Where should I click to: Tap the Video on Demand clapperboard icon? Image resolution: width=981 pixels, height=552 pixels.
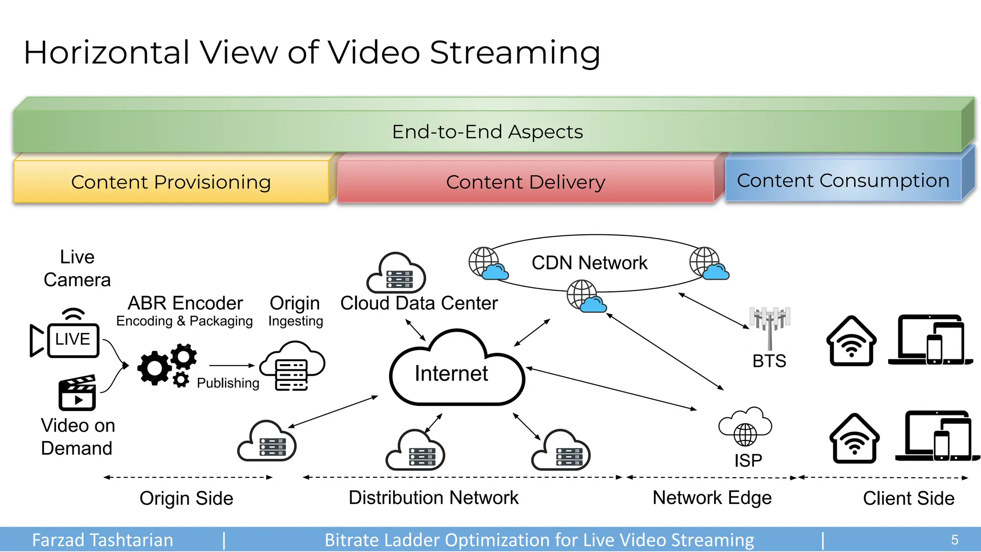(x=77, y=393)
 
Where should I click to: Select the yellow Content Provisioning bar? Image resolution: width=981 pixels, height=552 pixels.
(x=171, y=182)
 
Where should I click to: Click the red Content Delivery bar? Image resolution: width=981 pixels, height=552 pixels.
(x=525, y=182)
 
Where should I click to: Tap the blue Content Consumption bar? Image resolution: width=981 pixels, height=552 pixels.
(x=843, y=181)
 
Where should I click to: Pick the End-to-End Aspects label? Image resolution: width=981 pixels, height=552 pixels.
(x=487, y=132)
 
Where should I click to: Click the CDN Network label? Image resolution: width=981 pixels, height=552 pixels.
(x=589, y=263)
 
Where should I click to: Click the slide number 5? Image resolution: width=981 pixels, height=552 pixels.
(x=954, y=540)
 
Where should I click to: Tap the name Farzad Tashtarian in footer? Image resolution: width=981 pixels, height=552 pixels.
(x=103, y=540)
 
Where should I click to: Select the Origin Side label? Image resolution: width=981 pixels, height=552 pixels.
(x=186, y=498)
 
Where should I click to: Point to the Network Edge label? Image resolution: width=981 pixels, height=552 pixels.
(x=712, y=498)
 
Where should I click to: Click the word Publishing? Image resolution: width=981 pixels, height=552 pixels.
(x=228, y=383)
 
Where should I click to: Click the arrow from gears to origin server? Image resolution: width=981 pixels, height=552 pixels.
(x=232, y=366)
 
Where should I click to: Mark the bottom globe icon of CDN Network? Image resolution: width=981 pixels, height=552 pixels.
(x=586, y=297)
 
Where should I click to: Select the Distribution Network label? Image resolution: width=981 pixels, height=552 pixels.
(x=433, y=498)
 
